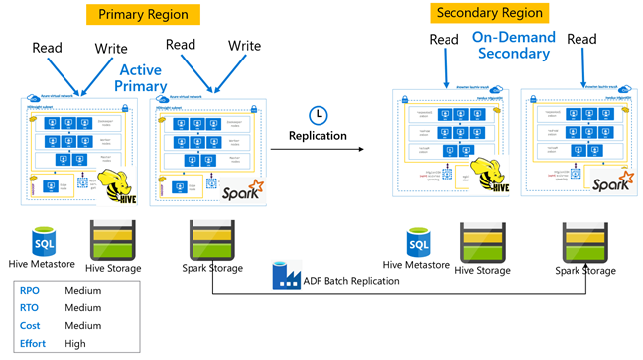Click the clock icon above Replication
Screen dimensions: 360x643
[x=319, y=114]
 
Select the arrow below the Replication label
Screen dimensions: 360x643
[x=318, y=150]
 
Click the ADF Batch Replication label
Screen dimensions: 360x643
[x=350, y=281]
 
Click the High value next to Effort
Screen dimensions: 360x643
[x=75, y=344]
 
